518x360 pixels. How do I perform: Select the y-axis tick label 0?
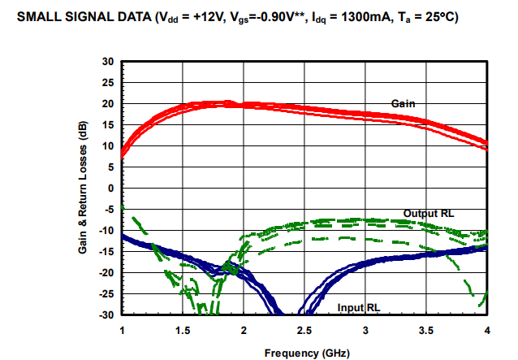110,189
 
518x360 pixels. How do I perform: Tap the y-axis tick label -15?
106,252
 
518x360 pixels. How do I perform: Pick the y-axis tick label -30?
106,314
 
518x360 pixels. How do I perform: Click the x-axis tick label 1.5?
183,330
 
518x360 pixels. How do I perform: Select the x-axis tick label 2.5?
304,330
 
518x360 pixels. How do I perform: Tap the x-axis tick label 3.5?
426,330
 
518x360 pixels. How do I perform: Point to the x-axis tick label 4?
487,330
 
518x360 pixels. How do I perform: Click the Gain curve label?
404,103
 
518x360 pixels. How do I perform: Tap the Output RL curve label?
429,213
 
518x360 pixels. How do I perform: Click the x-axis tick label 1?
122,330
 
